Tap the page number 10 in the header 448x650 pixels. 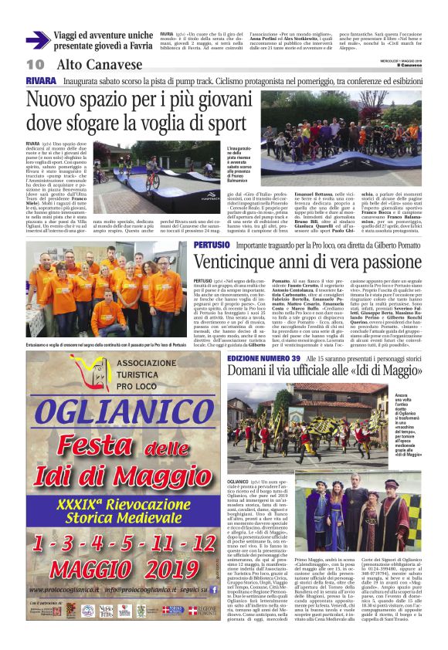35,64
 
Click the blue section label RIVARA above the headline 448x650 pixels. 40,80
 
